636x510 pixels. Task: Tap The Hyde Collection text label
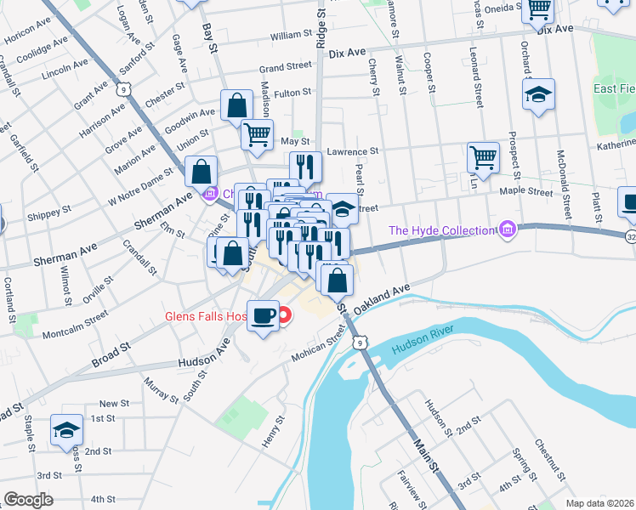(441, 230)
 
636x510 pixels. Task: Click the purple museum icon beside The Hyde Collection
(508, 229)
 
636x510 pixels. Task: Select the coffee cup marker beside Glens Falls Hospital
(263, 316)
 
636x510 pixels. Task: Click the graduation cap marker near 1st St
(66, 430)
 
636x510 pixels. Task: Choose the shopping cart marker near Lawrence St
(483, 157)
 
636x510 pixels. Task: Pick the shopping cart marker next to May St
(257, 133)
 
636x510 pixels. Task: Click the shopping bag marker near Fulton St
(237, 105)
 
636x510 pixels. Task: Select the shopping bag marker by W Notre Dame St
(202, 172)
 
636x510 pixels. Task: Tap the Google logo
(28, 500)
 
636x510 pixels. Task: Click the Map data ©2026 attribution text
(599, 503)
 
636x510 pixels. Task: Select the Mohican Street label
(321, 344)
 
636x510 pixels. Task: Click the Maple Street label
(527, 192)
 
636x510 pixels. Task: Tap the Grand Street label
(285, 66)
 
